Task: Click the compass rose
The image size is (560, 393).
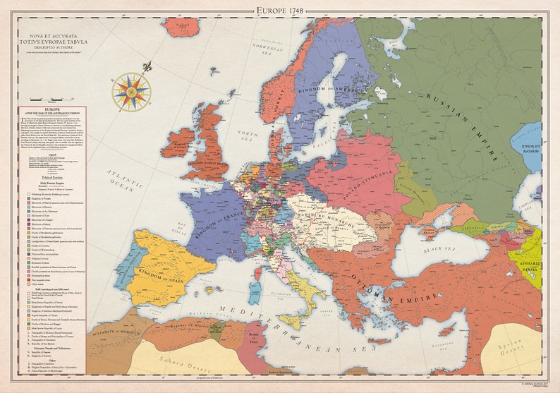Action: [x=131, y=92]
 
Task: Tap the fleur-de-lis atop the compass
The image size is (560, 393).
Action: [x=147, y=66]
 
